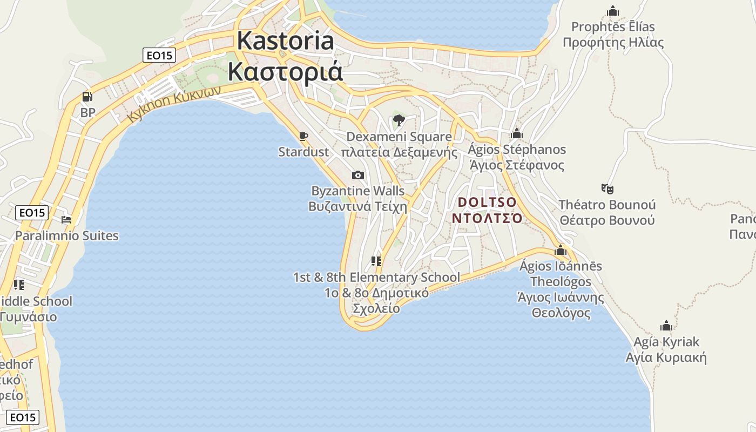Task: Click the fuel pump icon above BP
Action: click(86, 97)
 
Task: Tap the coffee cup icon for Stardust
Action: click(303, 136)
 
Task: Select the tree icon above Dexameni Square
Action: click(399, 120)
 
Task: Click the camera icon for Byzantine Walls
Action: click(357, 175)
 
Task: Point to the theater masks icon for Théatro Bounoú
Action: click(607, 189)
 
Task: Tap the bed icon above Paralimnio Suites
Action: click(66, 220)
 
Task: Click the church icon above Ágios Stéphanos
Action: click(517, 133)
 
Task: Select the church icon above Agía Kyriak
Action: click(666, 326)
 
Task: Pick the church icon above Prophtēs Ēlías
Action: click(613, 11)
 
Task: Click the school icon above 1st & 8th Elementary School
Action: click(376, 262)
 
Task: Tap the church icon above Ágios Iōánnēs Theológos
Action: click(561, 250)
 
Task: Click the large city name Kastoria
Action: click(286, 41)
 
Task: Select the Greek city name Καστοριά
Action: click(285, 71)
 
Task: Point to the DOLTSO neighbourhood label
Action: click(487, 202)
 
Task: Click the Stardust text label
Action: click(303, 152)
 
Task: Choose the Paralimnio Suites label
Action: click(66, 236)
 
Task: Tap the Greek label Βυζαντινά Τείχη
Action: click(357, 207)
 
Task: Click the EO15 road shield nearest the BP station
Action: click(160, 55)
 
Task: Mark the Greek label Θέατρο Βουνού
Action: click(607, 220)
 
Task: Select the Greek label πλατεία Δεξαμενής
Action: click(399, 152)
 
